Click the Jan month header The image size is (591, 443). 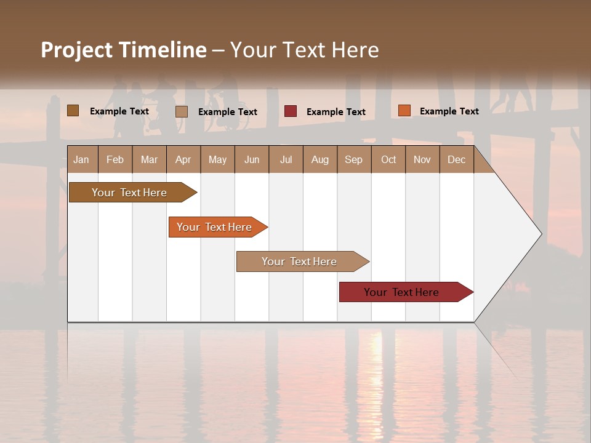[82, 159]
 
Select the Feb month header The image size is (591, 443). [115, 159]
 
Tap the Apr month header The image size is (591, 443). [183, 159]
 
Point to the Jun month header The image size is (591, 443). [252, 159]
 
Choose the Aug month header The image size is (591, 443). [320, 159]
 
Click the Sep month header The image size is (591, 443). [354, 159]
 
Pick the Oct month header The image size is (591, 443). [388, 159]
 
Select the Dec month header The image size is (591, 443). [457, 159]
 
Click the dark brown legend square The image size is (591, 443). [73, 111]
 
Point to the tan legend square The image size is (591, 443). [182, 111]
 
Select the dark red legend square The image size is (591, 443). [291, 111]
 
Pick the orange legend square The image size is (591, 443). [404, 111]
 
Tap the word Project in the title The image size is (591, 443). [76, 50]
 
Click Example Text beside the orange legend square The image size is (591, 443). [449, 111]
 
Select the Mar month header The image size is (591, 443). [149, 159]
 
